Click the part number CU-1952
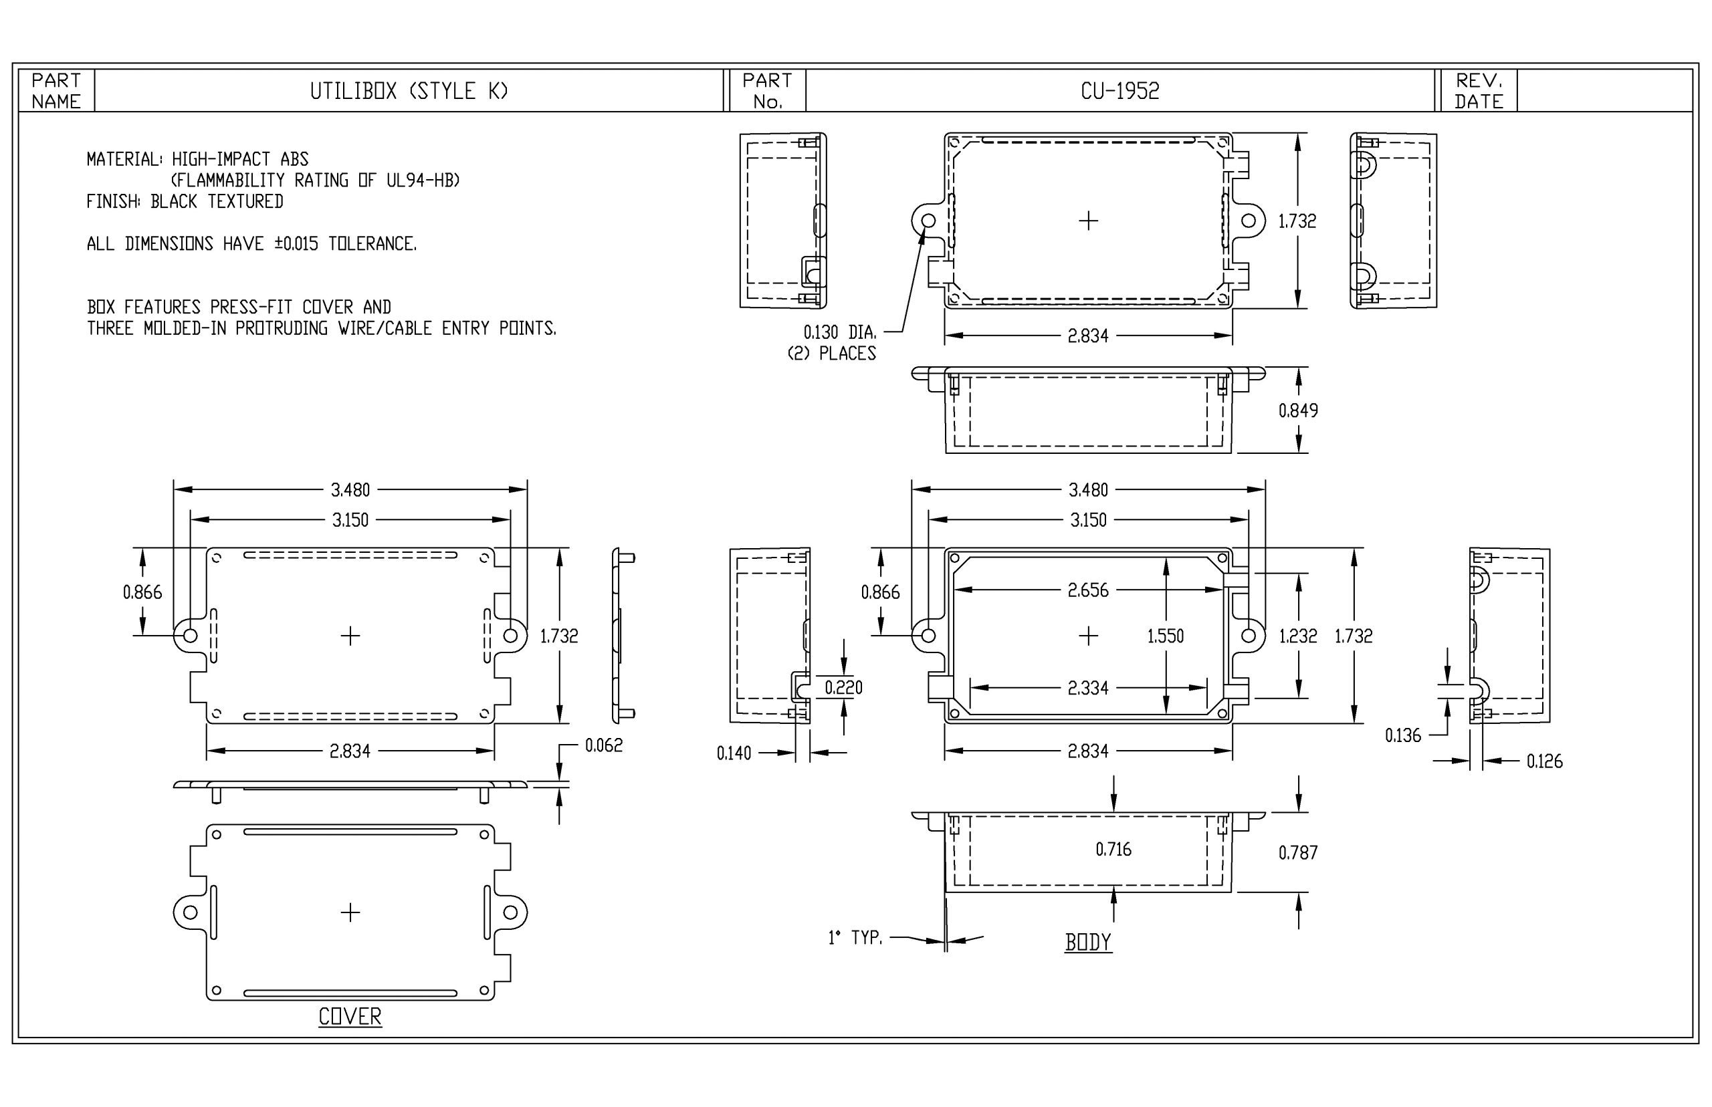tap(1119, 90)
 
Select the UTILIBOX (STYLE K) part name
tap(409, 90)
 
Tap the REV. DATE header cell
tap(1479, 90)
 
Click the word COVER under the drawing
tap(350, 1017)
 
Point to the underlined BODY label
tap(1088, 942)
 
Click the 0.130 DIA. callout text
tap(840, 332)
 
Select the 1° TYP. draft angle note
tap(855, 937)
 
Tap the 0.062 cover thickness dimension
tap(604, 745)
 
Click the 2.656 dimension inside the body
tap(1088, 590)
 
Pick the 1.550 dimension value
tap(1166, 636)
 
